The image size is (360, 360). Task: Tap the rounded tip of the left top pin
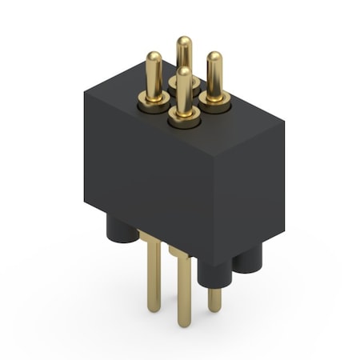click(x=154, y=57)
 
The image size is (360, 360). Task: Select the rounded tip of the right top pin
click(x=214, y=57)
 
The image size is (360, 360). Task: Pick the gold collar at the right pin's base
click(x=215, y=100)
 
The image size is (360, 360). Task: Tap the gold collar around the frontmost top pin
click(x=185, y=119)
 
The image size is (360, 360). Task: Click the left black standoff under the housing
click(x=122, y=232)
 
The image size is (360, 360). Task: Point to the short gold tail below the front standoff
click(x=214, y=300)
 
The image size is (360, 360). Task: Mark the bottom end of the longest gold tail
click(x=184, y=323)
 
